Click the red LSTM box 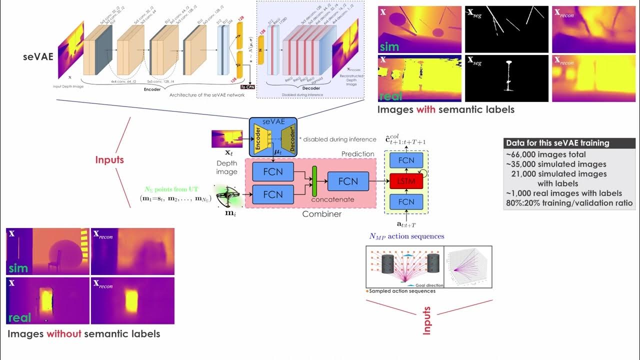pyautogui.click(x=406, y=181)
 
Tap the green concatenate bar pyautogui.click(x=314, y=181)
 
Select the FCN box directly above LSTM pyautogui.click(x=406, y=160)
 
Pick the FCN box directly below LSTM pyautogui.click(x=406, y=202)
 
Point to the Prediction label pyautogui.click(x=357, y=153)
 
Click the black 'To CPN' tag pyautogui.click(x=247, y=86)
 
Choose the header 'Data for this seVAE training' pyautogui.click(x=557, y=143)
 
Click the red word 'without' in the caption pyautogui.click(x=63, y=333)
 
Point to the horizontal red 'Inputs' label pyautogui.click(x=109, y=160)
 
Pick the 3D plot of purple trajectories pyautogui.click(x=467, y=267)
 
